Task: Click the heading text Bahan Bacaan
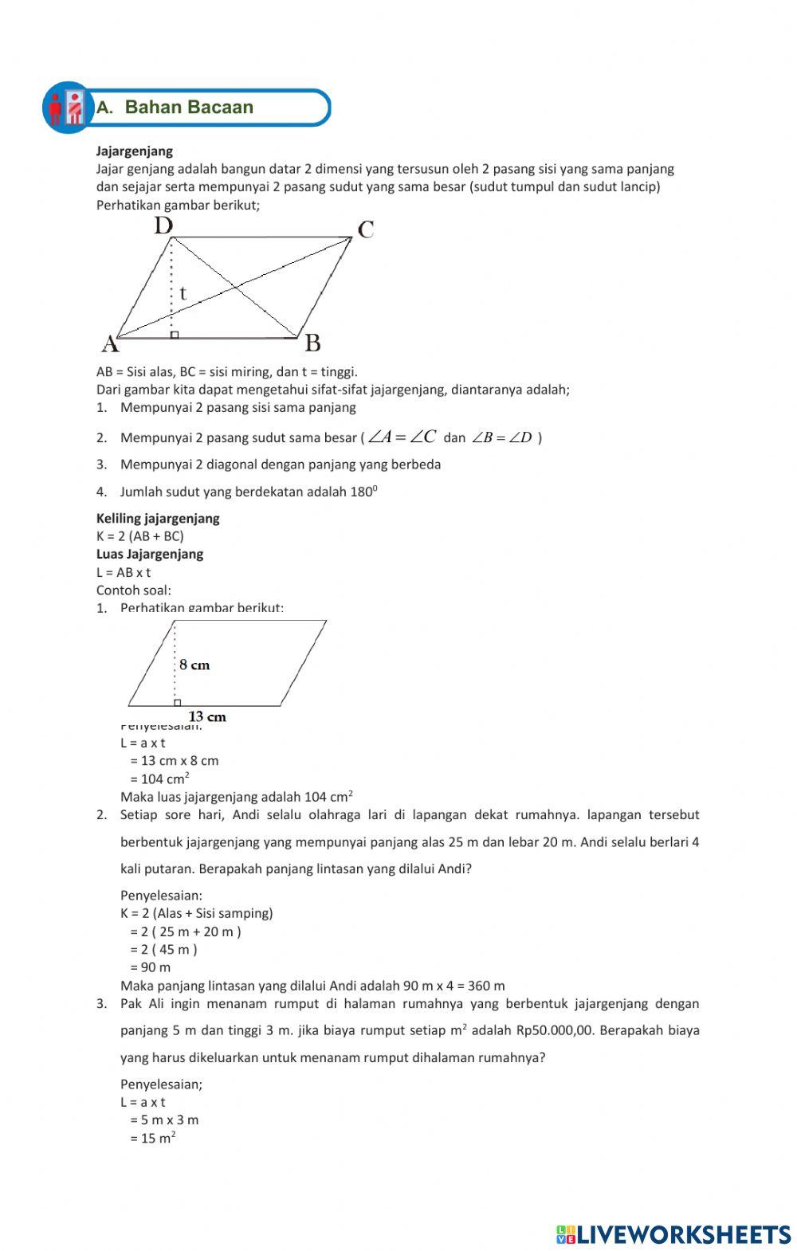[189, 108]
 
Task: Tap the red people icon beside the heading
[65, 108]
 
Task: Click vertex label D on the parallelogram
[163, 226]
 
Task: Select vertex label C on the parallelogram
[366, 230]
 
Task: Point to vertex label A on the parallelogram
[110, 344]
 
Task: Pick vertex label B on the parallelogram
[313, 343]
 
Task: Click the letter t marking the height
[183, 293]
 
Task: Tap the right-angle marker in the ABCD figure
[175, 335]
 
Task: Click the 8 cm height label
[194, 665]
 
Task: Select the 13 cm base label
[207, 716]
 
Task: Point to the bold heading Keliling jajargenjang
[158, 518]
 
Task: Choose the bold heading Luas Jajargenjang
[150, 554]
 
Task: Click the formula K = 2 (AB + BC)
[140, 536]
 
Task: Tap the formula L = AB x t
[124, 572]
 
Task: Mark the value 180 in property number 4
[363, 492]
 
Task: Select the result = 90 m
[150, 967]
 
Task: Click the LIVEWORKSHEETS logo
[673, 1234]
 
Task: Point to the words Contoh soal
[134, 590]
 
